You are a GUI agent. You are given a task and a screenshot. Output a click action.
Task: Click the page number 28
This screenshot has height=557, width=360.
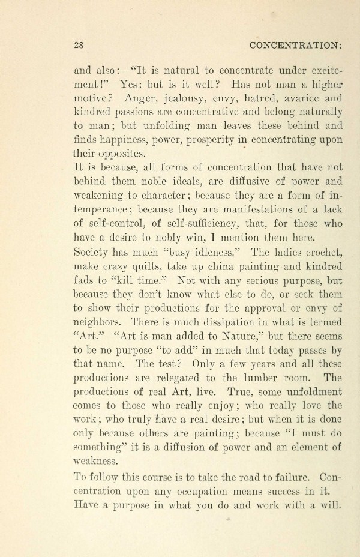[x=77, y=45]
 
